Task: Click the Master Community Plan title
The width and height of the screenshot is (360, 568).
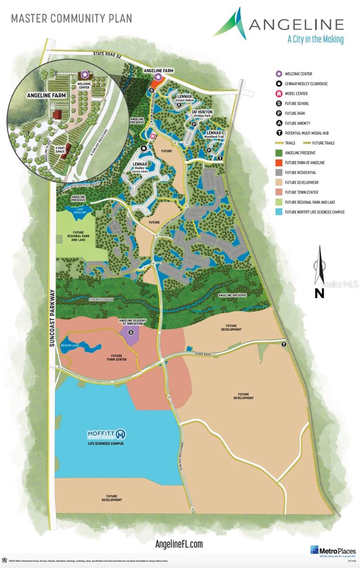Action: (x=71, y=18)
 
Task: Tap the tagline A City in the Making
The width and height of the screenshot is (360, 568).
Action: (x=315, y=39)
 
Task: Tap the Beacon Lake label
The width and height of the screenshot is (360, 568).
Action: (x=70, y=345)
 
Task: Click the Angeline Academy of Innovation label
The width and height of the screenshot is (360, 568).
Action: (x=131, y=323)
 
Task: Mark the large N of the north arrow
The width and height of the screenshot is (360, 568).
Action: (x=319, y=293)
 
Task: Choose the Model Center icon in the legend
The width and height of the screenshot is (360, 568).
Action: (x=279, y=94)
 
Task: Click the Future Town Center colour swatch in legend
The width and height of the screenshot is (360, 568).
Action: (x=279, y=192)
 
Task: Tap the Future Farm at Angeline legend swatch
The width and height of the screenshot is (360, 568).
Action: (x=279, y=163)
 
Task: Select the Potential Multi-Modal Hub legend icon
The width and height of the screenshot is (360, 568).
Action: (x=279, y=133)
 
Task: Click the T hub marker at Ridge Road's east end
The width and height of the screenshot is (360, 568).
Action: (x=284, y=345)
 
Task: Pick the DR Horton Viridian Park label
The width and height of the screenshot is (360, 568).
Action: (x=202, y=113)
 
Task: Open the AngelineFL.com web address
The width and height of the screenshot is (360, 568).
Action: (x=179, y=544)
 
